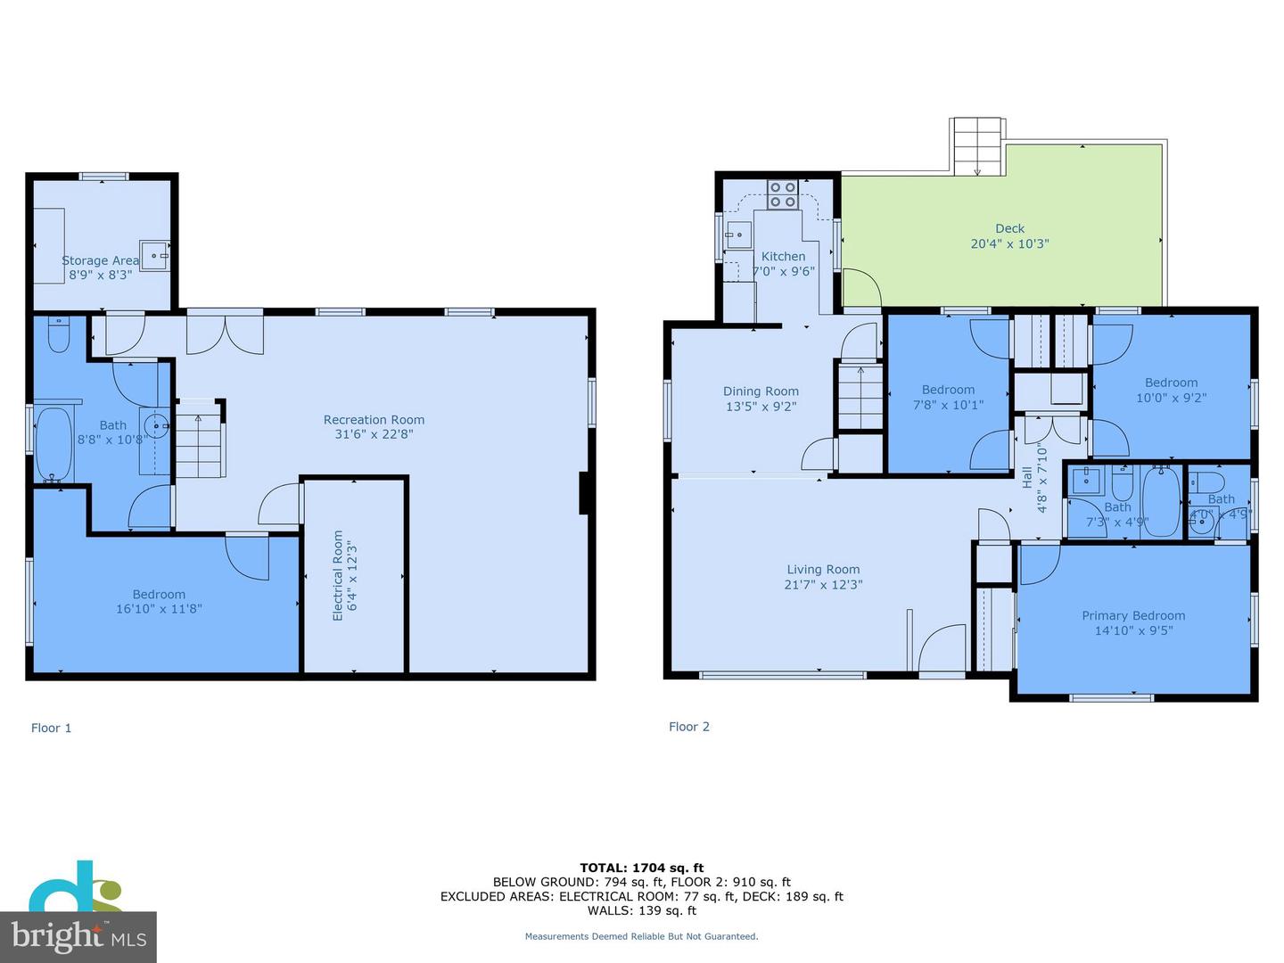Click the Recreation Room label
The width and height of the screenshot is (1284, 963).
374,420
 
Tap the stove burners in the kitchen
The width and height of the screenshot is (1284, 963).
783,194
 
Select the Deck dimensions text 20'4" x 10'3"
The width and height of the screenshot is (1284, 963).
1009,243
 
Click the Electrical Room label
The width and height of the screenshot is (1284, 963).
338,575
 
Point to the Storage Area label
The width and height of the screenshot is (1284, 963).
100,260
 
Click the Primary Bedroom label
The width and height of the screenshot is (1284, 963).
1133,615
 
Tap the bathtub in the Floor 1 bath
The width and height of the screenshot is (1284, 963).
53,444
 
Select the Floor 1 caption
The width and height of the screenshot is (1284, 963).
51,728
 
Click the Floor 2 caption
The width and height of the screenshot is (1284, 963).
689,727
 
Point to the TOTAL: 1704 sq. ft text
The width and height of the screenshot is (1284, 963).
641,868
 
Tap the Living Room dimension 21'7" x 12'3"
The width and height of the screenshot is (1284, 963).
823,585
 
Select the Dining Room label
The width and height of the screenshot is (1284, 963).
761,391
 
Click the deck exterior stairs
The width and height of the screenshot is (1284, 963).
976,146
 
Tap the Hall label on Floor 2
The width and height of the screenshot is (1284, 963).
1027,477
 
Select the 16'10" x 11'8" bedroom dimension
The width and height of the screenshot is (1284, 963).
159,609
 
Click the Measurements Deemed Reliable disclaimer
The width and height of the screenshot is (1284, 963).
641,936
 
